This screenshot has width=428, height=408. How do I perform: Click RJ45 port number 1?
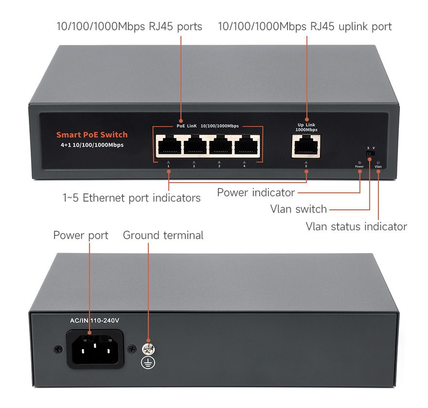pyautogui.click(x=169, y=145)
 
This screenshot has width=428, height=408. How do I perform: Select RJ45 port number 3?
pyautogui.click(x=220, y=145)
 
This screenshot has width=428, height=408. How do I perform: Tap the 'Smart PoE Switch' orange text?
pyautogui.click(x=92, y=135)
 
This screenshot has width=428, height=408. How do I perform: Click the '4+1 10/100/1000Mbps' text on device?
pyautogui.click(x=89, y=145)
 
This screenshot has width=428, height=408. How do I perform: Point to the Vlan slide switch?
pyautogui.click(x=370, y=153)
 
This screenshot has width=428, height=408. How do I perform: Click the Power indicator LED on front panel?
pyautogui.click(x=359, y=162)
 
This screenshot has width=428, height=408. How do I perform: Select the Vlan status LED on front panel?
pyautogui.click(x=378, y=162)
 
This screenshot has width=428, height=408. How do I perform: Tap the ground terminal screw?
pyautogui.click(x=148, y=348)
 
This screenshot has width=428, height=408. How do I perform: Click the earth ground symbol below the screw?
pyautogui.click(x=148, y=361)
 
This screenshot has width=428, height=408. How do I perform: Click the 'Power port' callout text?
pyautogui.click(x=81, y=236)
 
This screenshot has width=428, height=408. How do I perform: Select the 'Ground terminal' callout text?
pyautogui.click(x=163, y=236)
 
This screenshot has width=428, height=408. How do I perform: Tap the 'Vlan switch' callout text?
pyautogui.click(x=298, y=209)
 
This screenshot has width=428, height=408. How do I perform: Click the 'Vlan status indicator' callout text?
pyautogui.click(x=356, y=226)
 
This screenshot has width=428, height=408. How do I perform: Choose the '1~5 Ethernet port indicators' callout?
pyautogui.click(x=131, y=198)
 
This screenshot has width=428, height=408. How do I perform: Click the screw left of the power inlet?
pyautogui.click(x=58, y=349)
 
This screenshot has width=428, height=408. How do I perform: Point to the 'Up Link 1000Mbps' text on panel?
pyautogui.click(x=306, y=127)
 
